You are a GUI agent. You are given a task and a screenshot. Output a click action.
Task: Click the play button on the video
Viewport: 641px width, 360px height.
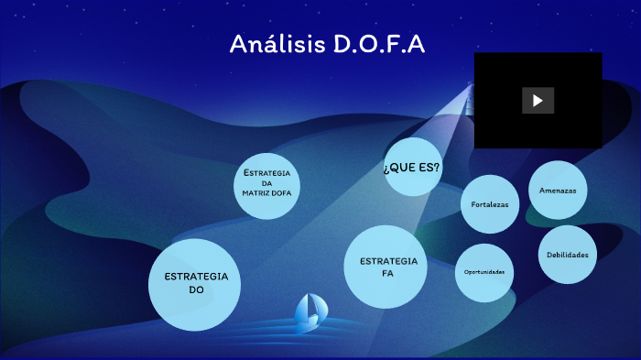click(x=538, y=100)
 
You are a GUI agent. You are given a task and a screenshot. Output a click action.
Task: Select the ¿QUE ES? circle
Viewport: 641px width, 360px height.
click(x=412, y=167)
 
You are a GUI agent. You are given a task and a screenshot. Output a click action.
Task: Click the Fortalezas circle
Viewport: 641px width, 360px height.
click(x=490, y=204)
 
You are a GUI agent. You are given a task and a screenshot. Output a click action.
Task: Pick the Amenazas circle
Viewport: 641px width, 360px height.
click(x=558, y=191)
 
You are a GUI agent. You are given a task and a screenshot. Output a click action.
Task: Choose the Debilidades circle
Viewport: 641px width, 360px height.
click(x=567, y=255)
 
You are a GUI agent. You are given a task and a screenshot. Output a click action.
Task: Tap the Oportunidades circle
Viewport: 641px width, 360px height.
click(x=483, y=272)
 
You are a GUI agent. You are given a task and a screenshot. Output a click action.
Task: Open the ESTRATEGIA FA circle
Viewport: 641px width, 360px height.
click(x=387, y=267)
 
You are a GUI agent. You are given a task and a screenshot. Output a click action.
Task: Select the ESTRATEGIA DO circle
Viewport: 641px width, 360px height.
click(x=195, y=283)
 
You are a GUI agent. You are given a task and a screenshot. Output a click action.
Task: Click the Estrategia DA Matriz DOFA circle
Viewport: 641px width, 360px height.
click(x=266, y=181)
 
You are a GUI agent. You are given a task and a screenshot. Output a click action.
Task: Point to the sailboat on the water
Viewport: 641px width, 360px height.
click(x=309, y=313)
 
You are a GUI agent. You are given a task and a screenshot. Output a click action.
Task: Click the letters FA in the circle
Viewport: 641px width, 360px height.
click(x=387, y=273)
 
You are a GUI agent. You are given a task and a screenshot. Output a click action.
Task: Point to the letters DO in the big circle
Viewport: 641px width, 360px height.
click(x=195, y=289)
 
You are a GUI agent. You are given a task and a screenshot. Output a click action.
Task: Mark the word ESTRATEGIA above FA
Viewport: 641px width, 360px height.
click(x=388, y=261)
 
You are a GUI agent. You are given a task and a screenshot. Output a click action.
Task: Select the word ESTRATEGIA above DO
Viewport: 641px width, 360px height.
click(x=195, y=277)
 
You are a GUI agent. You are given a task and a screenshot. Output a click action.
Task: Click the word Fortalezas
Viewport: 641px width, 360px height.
click(x=490, y=204)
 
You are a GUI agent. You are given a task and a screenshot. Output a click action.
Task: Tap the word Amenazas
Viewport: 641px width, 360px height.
click(x=558, y=191)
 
